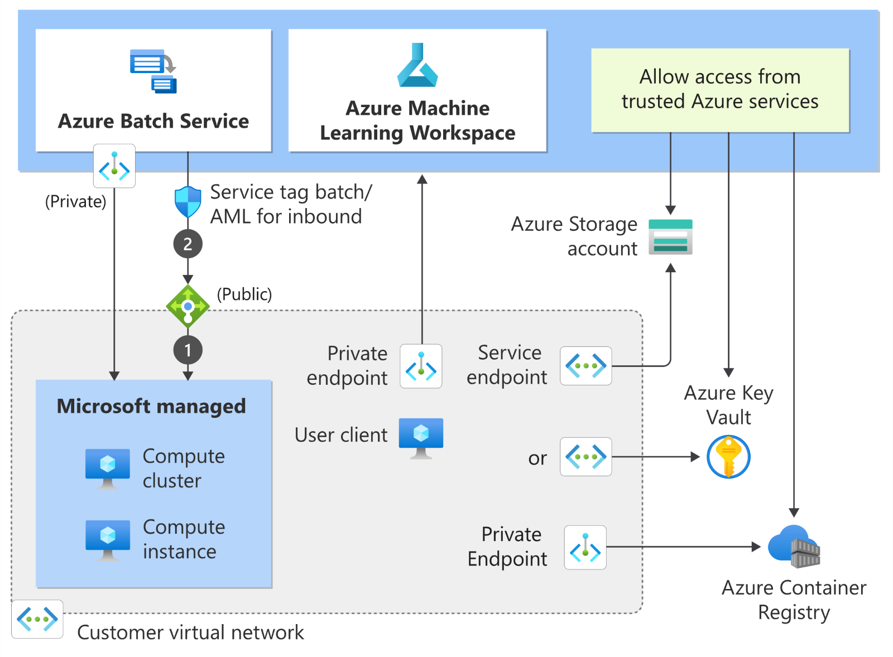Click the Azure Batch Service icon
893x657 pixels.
153,71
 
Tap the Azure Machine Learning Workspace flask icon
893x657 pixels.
417,66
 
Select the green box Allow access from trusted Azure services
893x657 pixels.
720,90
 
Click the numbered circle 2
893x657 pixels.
188,244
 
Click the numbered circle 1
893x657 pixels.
188,350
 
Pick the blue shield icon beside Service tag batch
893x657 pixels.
188,202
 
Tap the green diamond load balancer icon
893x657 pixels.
188,306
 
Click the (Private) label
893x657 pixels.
75,201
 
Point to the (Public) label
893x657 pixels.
244,294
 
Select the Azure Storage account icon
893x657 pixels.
670,237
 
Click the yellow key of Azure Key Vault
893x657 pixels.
728,457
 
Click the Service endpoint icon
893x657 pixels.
585,366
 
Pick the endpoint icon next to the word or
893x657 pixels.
585,457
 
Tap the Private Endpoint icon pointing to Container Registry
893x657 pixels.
585,547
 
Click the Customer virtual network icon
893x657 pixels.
37,619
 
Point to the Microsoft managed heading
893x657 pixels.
151,406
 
